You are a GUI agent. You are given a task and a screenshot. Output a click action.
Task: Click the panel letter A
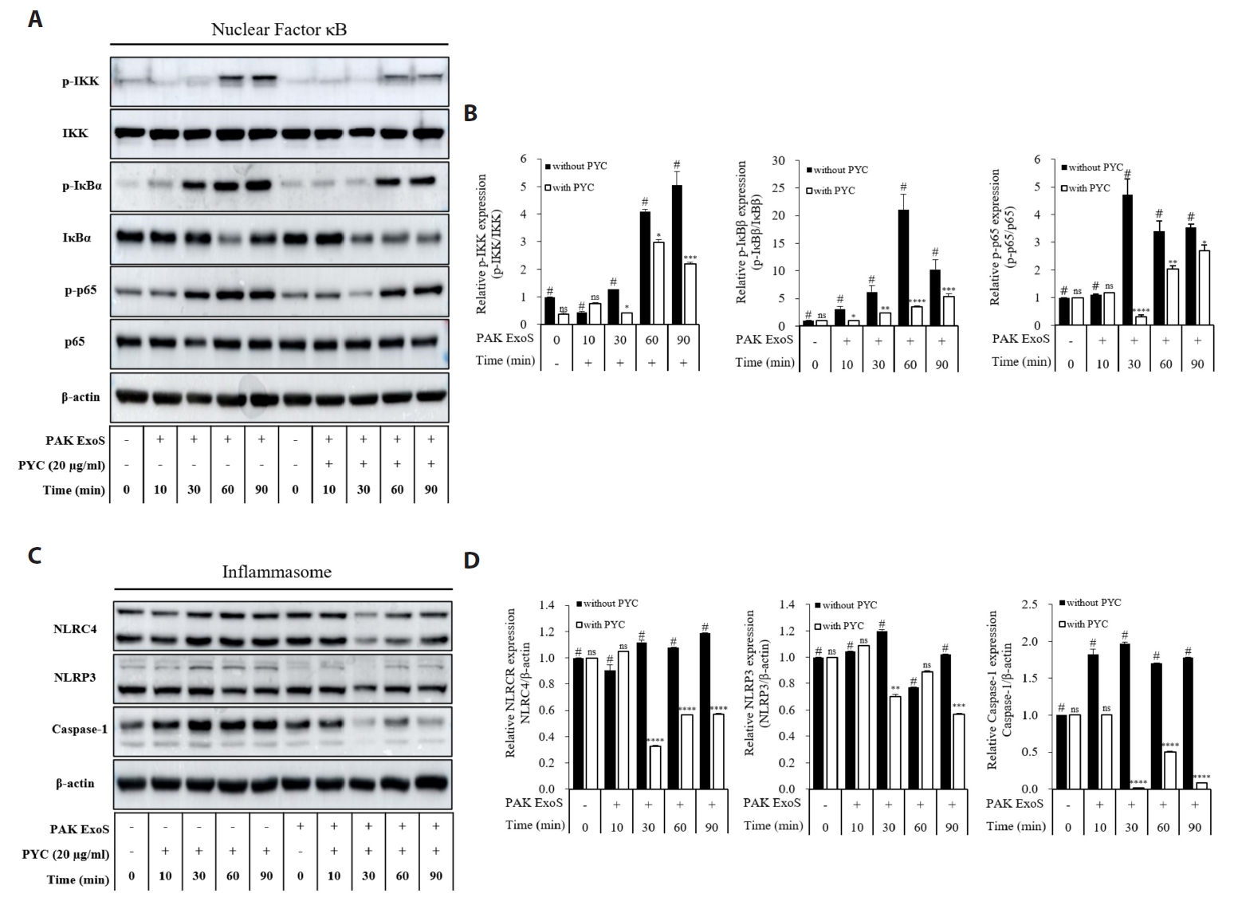pyautogui.click(x=34, y=20)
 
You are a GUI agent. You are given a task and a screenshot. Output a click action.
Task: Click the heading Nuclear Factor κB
pyautogui.click(x=279, y=30)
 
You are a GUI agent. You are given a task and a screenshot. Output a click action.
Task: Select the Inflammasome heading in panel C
pyautogui.click(x=277, y=572)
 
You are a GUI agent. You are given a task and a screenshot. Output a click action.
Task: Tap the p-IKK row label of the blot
pyautogui.click(x=81, y=81)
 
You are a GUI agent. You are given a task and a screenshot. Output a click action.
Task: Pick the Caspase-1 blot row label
pyautogui.click(x=79, y=729)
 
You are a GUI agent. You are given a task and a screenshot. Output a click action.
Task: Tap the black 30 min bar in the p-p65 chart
pyautogui.click(x=1127, y=260)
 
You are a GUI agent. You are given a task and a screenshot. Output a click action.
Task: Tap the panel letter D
pyautogui.click(x=471, y=560)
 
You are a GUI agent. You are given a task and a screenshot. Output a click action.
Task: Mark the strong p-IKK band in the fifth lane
pyautogui.click(x=262, y=79)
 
